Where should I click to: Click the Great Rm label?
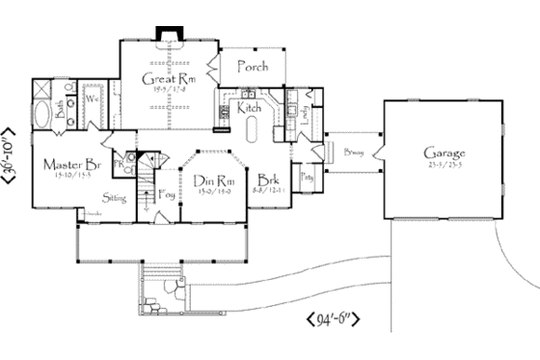tap(163, 79)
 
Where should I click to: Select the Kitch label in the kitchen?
tap(249, 110)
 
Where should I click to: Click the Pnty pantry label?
tap(307, 178)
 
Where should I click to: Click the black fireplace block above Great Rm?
tap(168, 36)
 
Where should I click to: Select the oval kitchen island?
tap(252, 130)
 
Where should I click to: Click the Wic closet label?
tap(94, 99)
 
